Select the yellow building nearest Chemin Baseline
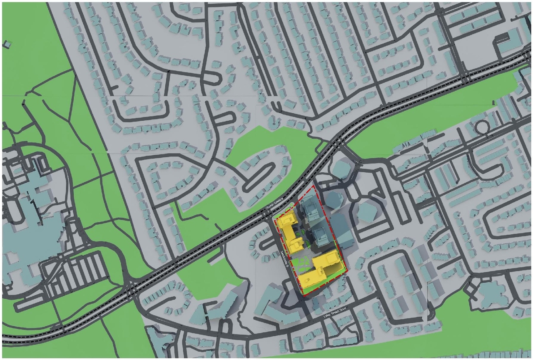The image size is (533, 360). pyautogui.click(x=291, y=231)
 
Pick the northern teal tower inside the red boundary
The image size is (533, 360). pyautogui.click(x=310, y=210)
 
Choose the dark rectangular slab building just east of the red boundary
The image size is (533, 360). pyautogui.click(x=341, y=231)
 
